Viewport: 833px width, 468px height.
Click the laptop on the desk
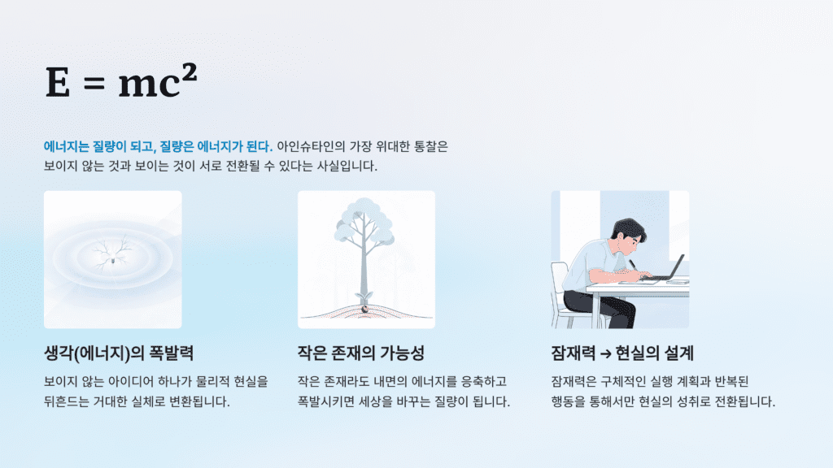click(669, 269)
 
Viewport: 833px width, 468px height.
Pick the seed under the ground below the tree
click(365, 309)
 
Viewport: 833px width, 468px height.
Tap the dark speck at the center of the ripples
click(110, 262)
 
